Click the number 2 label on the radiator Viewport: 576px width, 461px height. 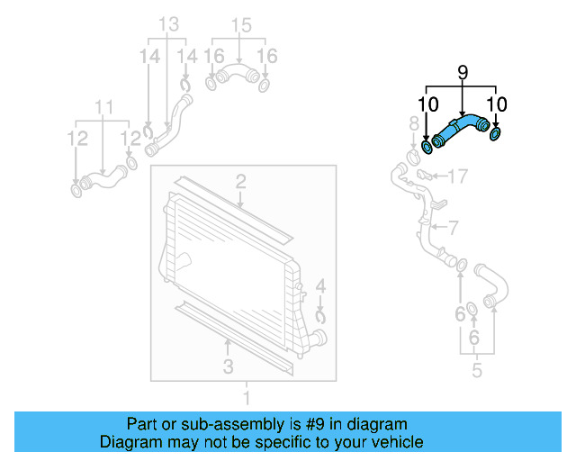click(x=241, y=183)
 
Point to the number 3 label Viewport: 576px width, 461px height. click(x=228, y=366)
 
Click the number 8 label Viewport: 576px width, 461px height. click(x=414, y=123)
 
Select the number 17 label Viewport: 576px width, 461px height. click(x=457, y=175)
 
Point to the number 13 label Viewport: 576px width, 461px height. click(x=169, y=25)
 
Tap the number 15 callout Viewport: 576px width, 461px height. click(x=239, y=25)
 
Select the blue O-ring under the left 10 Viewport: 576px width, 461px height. click(x=427, y=145)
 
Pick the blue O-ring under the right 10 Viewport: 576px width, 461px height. click(x=495, y=136)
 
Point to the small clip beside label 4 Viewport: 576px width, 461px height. click(x=321, y=314)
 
